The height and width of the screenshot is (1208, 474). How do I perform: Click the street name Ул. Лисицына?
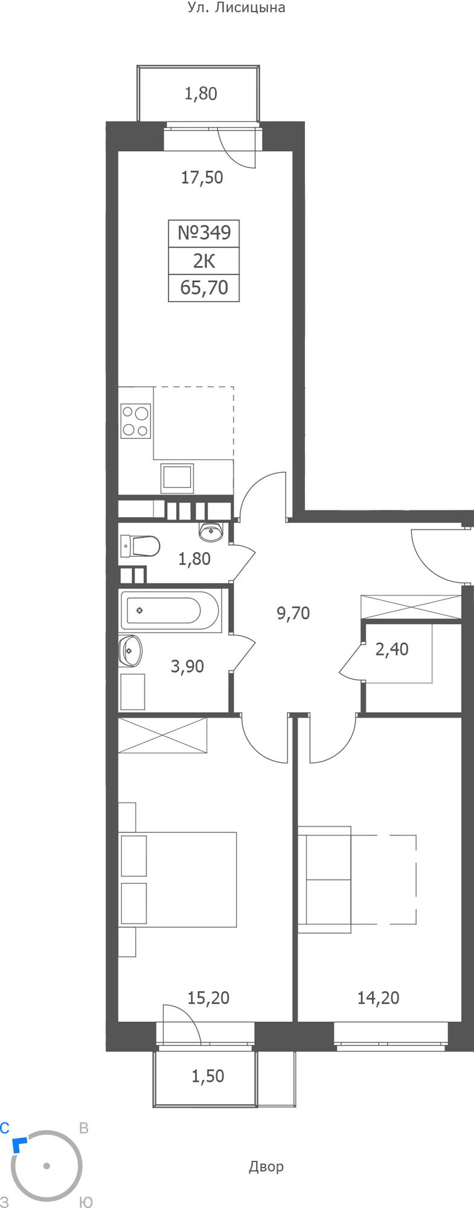(235, 8)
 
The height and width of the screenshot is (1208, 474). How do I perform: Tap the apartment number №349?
(204, 233)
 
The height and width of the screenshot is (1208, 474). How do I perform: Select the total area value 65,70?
(204, 288)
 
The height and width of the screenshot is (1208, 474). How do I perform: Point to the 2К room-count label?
(204, 261)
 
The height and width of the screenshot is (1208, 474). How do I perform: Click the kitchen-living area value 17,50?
(202, 178)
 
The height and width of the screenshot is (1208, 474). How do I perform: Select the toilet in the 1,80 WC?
(141, 547)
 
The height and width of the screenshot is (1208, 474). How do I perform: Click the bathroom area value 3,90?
(187, 667)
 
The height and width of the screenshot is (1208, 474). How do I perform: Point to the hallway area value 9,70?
(293, 614)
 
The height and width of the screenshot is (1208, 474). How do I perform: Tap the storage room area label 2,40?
(392, 649)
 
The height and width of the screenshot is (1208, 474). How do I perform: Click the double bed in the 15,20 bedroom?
(178, 879)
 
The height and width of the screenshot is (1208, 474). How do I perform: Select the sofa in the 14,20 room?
(326, 879)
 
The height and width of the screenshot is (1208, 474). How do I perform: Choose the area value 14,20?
(379, 998)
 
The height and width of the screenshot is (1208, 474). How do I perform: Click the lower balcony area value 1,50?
(208, 1076)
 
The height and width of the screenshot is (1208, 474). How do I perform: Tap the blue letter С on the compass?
(5, 1128)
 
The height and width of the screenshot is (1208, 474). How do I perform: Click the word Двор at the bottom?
(266, 1166)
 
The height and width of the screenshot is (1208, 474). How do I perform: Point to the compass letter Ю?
(86, 1203)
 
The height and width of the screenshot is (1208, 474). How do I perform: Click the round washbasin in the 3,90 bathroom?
(130, 651)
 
